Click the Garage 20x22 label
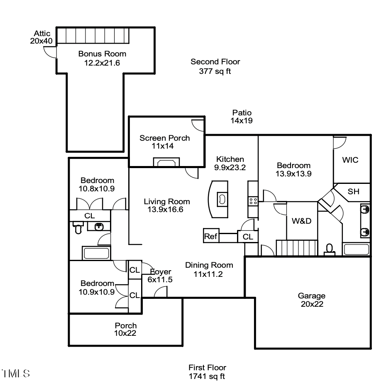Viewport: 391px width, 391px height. pos(311,300)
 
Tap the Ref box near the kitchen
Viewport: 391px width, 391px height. pos(210,237)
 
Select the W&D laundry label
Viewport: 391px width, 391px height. pos(301,221)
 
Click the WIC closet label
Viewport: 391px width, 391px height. pos(350,160)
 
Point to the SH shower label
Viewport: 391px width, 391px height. pos(353,191)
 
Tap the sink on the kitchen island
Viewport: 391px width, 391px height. pos(222,199)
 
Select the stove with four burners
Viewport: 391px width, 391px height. pos(253,201)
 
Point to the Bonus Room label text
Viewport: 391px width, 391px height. pos(102,58)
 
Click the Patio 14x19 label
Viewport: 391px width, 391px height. pos(242,117)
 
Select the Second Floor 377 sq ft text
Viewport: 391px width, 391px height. pos(215,66)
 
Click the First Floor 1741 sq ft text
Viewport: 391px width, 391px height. pos(207,372)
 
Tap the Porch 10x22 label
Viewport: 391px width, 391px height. pos(125,329)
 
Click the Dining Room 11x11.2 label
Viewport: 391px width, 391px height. pos(209,269)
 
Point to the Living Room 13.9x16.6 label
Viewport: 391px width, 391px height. pos(167,205)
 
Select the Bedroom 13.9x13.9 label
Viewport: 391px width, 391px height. pos(293,169)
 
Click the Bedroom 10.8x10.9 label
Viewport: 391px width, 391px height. pos(97,184)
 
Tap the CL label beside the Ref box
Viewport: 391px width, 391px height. pos(248,237)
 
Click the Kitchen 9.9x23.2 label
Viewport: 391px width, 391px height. pos(230,163)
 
